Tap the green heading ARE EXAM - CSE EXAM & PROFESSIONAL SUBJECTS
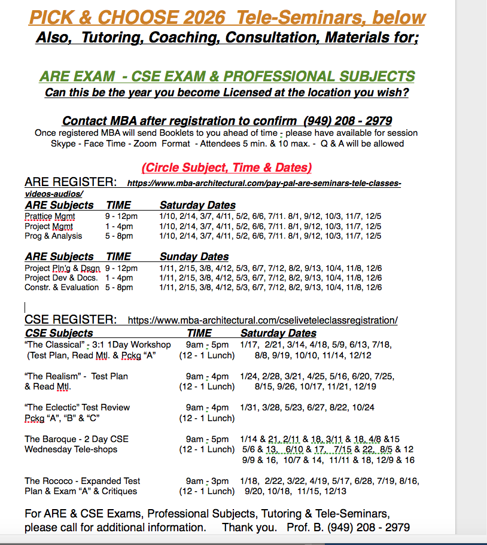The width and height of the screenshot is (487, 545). (227, 77)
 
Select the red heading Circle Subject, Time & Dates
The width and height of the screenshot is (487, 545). (226, 168)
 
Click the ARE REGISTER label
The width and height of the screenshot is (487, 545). (71, 182)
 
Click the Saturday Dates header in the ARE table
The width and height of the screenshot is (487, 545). (197, 205)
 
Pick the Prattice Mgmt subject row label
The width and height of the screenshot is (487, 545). (50, 216)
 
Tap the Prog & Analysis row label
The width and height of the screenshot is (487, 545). (53, 236)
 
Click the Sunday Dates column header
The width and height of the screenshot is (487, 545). (194, 257)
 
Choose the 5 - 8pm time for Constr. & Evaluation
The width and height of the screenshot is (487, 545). (119, 287)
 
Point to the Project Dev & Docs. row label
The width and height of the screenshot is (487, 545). (62, 278)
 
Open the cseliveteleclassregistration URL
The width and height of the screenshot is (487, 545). (263, 320)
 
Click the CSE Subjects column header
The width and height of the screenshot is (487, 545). (59, 333)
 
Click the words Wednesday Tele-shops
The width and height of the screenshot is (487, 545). (71, 449)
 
